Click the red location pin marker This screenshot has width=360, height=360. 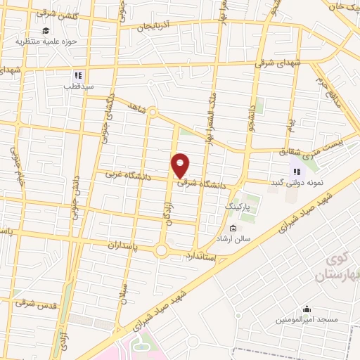pos(181,165)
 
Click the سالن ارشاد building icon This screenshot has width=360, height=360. pos(233,228)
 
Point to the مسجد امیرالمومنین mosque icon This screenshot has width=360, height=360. pos(306,309)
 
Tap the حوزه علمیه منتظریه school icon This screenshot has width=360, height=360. pos(46,30)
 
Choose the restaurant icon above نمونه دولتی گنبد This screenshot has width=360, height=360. pos(297,171)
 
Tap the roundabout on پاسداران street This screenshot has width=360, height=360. pos(162,250)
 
